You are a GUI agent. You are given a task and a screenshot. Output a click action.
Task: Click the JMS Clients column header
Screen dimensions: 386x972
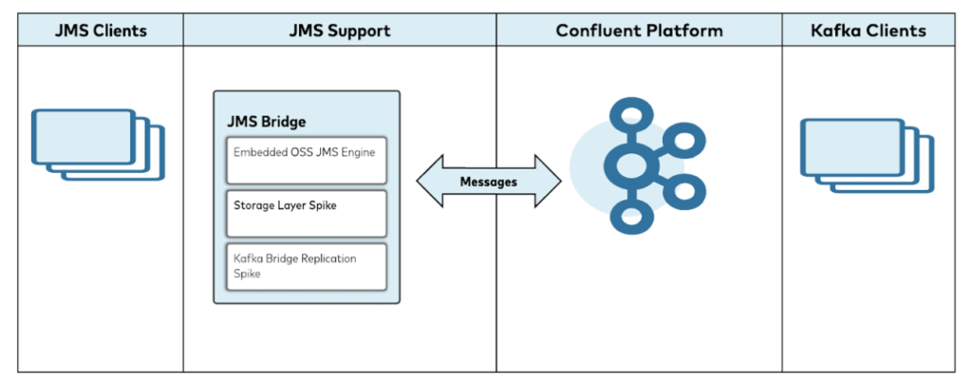pos(100,30)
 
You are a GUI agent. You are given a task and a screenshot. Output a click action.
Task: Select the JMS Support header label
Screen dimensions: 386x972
pos(339,30)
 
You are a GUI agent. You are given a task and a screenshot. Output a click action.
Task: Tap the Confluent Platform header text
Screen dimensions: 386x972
pos(639,30)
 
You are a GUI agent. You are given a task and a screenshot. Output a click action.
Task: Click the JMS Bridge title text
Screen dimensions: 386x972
pos(267,122)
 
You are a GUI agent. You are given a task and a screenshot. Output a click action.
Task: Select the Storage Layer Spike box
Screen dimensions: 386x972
pos(306,213)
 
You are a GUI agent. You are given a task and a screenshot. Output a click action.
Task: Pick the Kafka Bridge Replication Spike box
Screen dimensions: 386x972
pos(306,266)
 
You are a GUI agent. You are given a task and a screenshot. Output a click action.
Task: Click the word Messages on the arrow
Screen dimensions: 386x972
pos(488,181)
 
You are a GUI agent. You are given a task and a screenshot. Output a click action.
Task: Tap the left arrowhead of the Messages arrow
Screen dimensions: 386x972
pos(429,181)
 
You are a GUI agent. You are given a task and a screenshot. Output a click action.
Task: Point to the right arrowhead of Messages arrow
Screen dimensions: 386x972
pos(548,181)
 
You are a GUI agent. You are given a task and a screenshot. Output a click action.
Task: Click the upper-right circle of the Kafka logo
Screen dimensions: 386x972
pos(682,144)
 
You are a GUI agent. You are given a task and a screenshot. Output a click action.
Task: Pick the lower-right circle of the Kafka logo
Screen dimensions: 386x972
pos(682,192)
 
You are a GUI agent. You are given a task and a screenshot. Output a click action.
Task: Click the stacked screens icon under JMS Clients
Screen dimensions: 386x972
pos(98,144)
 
